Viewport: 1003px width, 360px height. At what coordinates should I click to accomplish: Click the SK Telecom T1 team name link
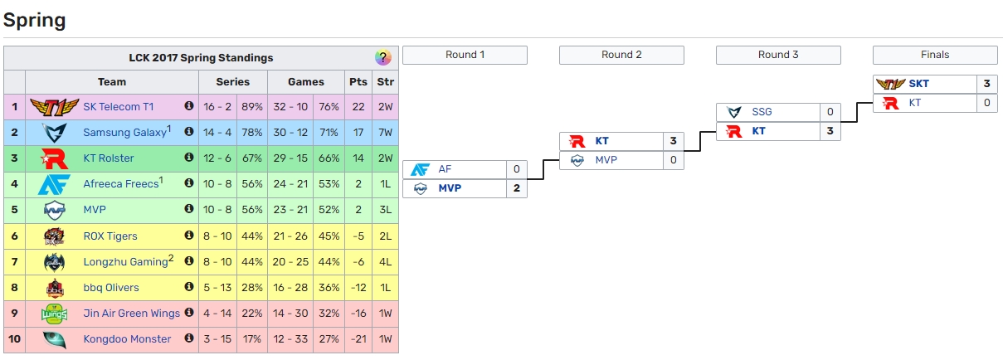[119, 107]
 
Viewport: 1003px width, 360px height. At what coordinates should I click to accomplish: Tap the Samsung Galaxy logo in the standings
[54, 133]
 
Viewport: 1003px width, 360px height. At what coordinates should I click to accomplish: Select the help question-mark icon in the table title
[382, 58]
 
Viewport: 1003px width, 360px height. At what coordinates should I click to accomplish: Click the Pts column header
[358, 82]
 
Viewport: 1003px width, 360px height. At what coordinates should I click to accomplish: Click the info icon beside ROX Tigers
[189, 236]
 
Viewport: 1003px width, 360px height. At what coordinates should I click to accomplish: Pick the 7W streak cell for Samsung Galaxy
[386, 133]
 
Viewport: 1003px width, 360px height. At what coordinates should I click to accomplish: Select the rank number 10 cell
[14, 339]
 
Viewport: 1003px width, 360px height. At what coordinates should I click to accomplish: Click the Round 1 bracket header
[465, 55]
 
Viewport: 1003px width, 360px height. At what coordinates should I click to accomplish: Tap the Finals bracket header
[935, 55]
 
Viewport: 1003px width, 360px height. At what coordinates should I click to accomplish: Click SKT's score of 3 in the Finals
[986, 84]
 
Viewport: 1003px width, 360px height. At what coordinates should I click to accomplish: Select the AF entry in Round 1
[446, 169]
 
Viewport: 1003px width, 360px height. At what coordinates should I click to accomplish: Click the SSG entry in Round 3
[762, 112]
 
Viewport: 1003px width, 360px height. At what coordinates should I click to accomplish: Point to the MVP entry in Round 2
[607, 160]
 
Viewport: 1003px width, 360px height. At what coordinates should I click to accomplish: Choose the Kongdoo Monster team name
[127, 339]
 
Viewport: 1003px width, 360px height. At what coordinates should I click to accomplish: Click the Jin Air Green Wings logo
[54, 314]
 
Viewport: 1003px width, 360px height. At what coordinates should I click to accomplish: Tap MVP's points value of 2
[358, 210]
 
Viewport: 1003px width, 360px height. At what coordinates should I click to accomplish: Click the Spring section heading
[35, 20]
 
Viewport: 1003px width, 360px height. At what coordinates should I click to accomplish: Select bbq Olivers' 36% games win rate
[329, 288]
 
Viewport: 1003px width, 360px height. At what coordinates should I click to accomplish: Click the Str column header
[386, 82]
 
